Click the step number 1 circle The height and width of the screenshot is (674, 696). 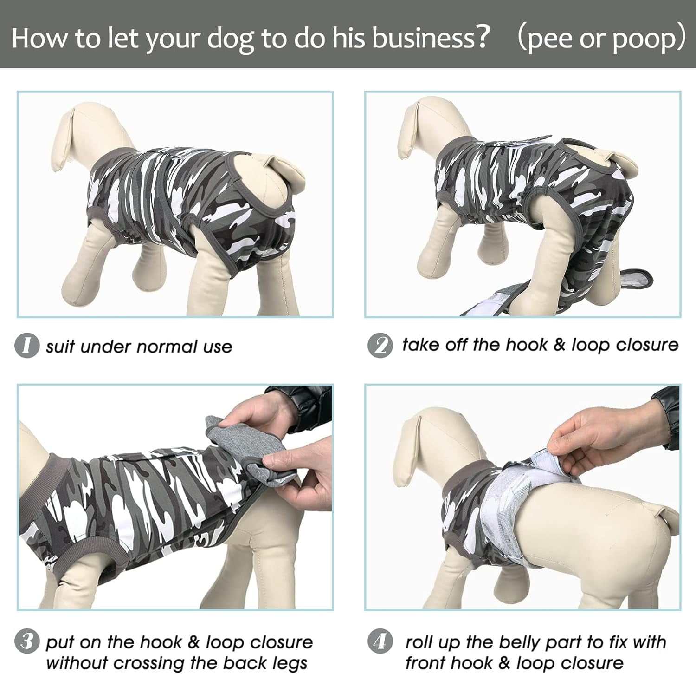point(27,346)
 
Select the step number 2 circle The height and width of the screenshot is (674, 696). point(380,346)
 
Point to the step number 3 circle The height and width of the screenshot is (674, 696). point(27,641)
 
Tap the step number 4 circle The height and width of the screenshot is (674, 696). point(380,642)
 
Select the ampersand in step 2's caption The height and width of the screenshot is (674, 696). point(560,345)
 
